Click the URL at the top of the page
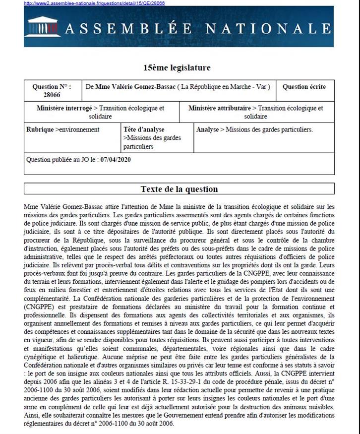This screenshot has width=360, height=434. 94,3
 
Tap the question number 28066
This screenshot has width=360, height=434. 52,95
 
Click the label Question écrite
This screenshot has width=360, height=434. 304,87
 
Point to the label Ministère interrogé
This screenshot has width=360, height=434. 64,108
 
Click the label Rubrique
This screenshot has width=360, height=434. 41,129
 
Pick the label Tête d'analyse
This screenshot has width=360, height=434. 144,129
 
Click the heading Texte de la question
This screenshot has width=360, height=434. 179,189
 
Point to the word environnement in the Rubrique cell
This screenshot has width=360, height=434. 79,129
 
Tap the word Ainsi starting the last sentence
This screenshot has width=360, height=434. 31,415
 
